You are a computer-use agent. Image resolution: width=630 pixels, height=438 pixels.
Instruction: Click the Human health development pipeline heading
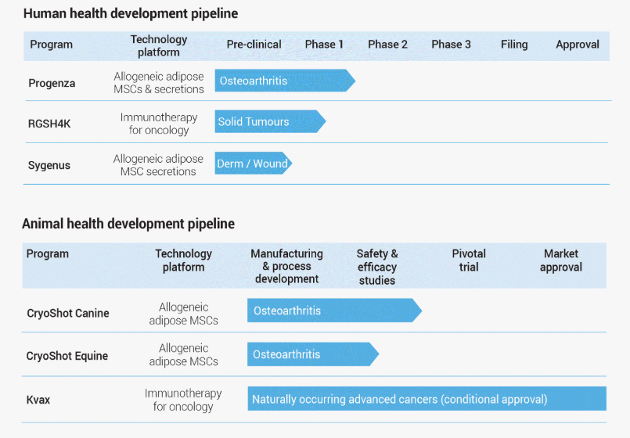click(131, 13)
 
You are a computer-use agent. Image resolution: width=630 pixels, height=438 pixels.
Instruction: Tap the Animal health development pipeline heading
click(128, 224)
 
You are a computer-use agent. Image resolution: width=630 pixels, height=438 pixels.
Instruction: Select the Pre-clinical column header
click(254, 44)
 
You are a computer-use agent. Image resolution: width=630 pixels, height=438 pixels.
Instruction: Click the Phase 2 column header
click(387, 44)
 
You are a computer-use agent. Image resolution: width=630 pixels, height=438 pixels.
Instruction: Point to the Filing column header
click(514, 44)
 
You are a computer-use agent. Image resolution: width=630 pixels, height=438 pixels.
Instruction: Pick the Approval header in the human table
click(578, 45)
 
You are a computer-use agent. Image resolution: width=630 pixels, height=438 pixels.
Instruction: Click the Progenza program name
click(52, 83)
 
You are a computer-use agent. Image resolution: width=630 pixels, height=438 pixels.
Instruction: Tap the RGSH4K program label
click(49, 124)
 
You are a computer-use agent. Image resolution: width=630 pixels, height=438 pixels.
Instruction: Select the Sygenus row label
click(49, 165)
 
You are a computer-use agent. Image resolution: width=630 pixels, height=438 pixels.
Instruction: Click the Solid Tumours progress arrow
click(270, 121)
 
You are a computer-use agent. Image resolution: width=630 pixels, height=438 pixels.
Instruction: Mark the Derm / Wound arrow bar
click(253, 163)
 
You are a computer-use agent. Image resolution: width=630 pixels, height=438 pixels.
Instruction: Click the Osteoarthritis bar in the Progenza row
click(285, 81)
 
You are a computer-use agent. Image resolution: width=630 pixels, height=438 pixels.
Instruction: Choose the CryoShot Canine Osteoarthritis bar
click(334, 311)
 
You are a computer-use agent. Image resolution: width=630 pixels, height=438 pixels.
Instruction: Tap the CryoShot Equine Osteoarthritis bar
click(312, 354)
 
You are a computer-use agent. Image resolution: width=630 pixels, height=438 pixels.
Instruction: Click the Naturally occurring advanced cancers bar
click(427, 399)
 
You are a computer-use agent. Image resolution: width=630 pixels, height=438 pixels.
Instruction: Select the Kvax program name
click(38, 400)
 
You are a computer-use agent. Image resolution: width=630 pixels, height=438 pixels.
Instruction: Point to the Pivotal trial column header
click(469, 260)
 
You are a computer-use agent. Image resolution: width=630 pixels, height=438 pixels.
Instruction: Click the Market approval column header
click(561, 260)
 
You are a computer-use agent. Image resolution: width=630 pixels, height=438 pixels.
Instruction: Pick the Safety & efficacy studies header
click(377, 267)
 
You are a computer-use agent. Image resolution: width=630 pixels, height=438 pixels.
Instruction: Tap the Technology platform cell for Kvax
click(183, 400)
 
